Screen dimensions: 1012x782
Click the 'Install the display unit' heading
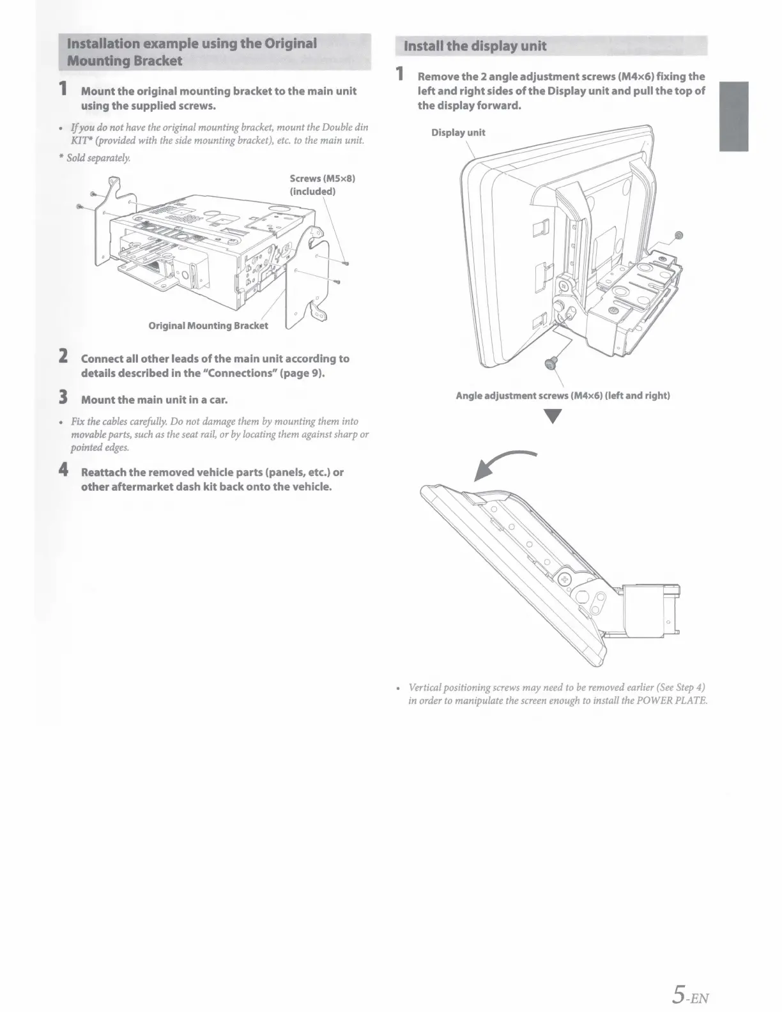[472, 46]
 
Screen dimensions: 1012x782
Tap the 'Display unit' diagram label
[458, 133]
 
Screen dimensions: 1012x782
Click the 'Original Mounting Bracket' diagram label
[208, 326]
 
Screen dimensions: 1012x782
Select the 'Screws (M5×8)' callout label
[322, 178]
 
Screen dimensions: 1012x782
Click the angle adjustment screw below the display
[551, 364]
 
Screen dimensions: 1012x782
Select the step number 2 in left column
[64, 357]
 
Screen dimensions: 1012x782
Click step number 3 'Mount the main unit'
[64, 399]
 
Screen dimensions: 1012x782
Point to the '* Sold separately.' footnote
[99, 157]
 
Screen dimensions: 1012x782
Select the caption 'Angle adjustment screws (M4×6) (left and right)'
[562, 395]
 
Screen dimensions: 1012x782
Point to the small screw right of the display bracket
[679, 235]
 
